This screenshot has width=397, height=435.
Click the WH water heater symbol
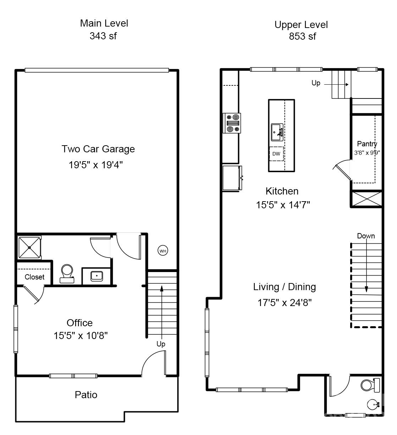[162, 251]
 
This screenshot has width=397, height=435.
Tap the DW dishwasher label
[276, 154]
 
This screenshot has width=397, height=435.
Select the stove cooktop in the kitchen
[232, 123]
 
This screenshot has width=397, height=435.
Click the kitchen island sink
[277, 132]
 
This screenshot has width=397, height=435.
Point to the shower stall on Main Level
[29, 247]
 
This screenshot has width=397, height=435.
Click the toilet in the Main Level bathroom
[67, 273]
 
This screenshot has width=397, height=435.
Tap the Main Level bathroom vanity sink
[97, 276]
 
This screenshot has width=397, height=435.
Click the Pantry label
[367, 144]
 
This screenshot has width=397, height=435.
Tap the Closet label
[34, 277]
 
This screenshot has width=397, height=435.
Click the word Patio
[86, 395]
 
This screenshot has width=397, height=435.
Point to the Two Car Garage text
[98, 149]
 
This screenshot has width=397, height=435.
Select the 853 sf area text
[302, 36]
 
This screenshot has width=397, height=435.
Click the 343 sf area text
[103, 36]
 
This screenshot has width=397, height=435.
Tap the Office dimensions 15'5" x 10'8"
[81, 336]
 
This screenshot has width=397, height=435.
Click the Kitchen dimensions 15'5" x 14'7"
[283, 205]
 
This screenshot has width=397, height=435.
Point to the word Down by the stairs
[366, 236]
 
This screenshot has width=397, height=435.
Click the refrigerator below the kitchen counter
[232, 178]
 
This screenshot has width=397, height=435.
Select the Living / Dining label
[285, 287]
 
